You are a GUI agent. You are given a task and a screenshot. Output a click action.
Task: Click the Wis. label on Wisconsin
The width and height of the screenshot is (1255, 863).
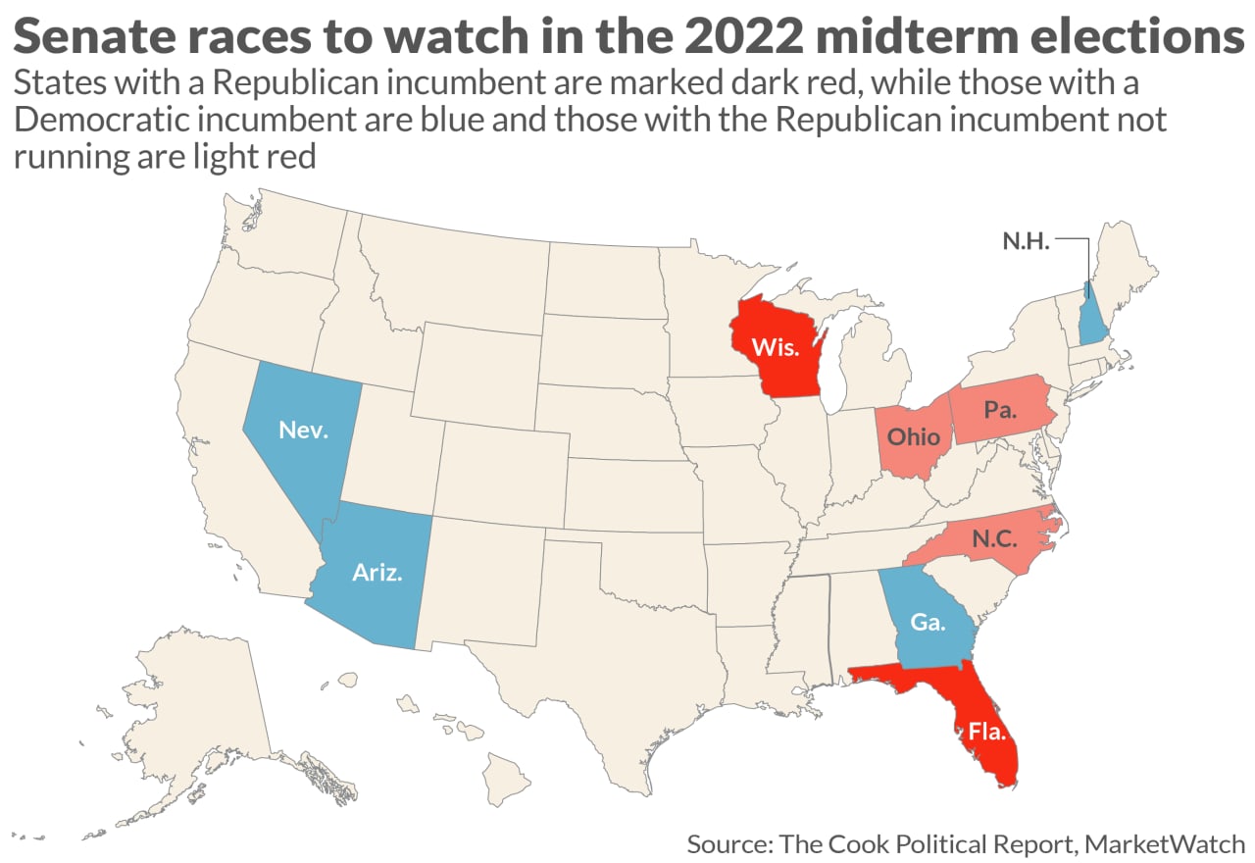(775, 347)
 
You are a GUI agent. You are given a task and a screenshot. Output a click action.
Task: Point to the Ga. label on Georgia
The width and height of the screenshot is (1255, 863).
(928, 622)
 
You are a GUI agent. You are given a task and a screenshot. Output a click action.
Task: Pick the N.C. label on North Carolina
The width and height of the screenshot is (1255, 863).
(994, 537)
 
